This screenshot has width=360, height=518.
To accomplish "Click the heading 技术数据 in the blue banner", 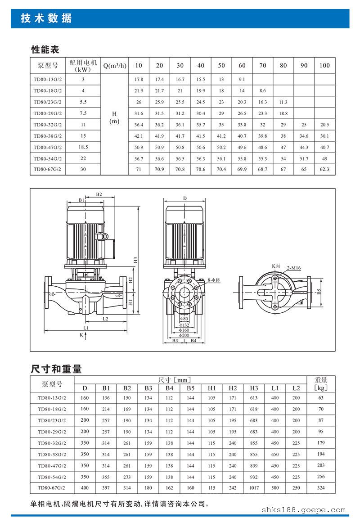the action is (x=46, y=18).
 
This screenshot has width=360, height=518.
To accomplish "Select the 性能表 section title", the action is (x=45, y=50).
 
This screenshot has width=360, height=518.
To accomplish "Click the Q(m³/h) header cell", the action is (x=115, y=65).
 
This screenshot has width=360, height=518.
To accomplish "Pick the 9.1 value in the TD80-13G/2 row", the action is (x=242, y=79).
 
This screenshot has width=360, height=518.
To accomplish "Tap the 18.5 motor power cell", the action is (x=83, y=147).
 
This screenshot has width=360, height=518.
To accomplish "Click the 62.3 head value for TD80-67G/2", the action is (x=324, y=169).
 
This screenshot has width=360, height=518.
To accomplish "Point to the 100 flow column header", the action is (x=324, y=65).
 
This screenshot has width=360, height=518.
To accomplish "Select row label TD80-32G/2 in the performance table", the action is (x=48, y=125).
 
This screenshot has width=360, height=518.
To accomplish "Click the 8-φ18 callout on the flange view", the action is (x=213, y=280).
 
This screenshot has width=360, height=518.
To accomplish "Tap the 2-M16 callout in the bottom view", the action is (x=293, y=268).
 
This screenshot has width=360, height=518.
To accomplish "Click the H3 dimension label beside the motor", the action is (x=135, y=260).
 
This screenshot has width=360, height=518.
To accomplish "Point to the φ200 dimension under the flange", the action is (x=184, y=335).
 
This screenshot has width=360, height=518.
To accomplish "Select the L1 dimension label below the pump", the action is (x=86, y=328).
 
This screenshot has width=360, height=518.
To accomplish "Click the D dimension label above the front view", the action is (x=185, y=198).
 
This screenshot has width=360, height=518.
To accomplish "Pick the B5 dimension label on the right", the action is (x=319, y=292).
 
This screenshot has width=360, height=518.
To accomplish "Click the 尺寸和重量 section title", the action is (x=56, y=369).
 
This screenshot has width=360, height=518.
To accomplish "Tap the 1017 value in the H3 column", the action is (x=254, y=487).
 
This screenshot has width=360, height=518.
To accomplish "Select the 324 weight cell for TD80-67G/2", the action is (x=321, y=487).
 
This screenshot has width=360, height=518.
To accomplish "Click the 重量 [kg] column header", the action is (x=321, y=384).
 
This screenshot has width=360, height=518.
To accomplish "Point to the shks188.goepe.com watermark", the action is (x=303, y=510).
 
